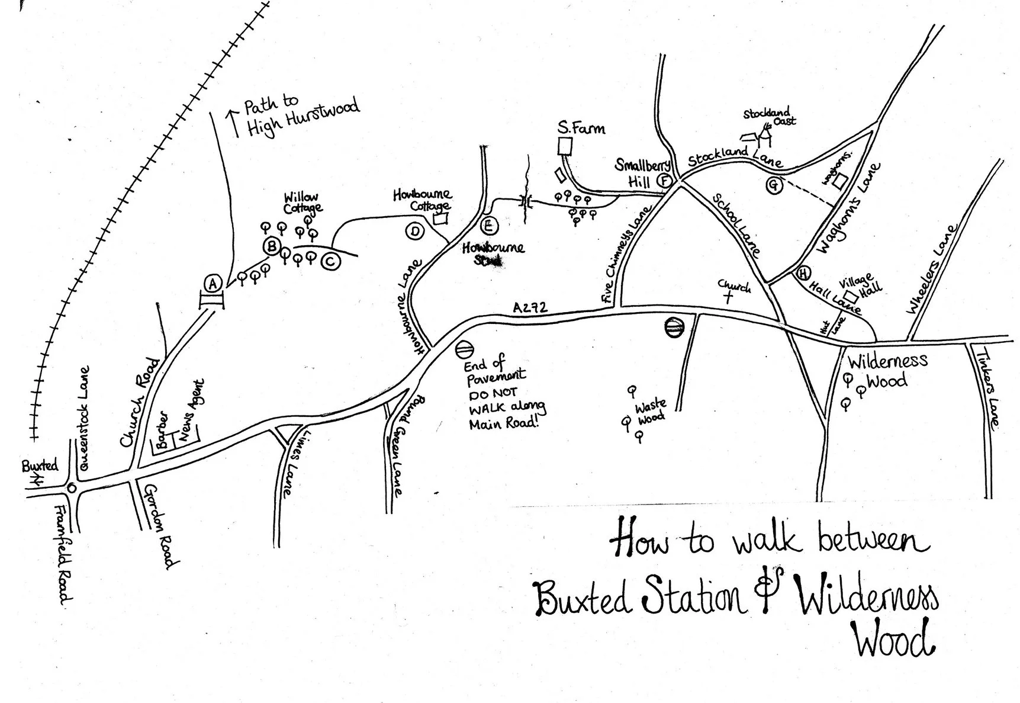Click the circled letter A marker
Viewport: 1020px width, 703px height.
click(213, 284)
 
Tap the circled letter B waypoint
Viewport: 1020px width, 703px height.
click(272, 246)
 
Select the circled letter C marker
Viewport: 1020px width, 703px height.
click(330, 261)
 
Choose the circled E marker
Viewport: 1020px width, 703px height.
click(489, 226)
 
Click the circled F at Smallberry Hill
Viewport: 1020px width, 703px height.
click(665, 181)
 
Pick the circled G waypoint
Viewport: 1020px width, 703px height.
click(774, 185)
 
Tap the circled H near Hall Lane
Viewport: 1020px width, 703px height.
click(803, 274)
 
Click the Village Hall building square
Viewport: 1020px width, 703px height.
click(851, 296)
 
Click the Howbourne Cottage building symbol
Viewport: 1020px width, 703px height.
click(439, 219)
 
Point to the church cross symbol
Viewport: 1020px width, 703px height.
click(728, 297)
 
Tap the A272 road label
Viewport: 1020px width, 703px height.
click(530, 308)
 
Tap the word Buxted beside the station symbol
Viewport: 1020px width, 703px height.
click(40, 466)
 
